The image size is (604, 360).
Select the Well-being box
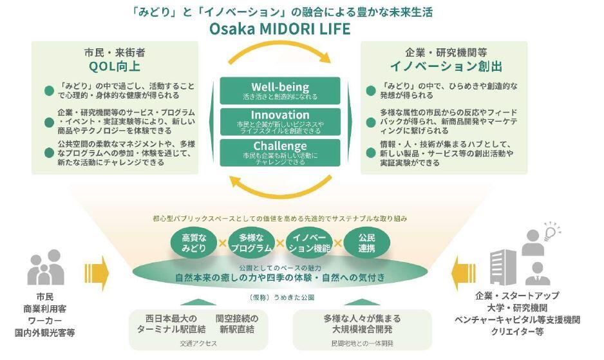point(280,91)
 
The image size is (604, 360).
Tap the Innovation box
point(280,120)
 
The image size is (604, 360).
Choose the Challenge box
point(280,151)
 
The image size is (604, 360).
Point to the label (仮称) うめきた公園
point(279,298)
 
